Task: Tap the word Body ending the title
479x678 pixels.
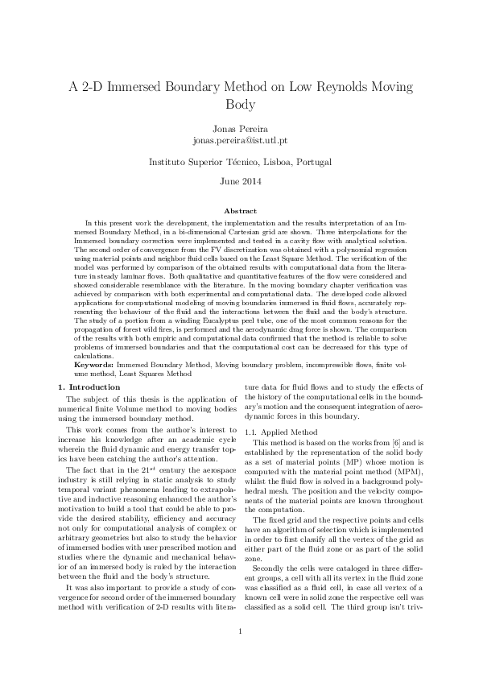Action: [239, 105]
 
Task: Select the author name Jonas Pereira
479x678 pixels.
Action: [239, 129]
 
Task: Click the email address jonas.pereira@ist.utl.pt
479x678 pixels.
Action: [239, 140]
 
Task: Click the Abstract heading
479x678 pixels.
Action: [239, 209]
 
